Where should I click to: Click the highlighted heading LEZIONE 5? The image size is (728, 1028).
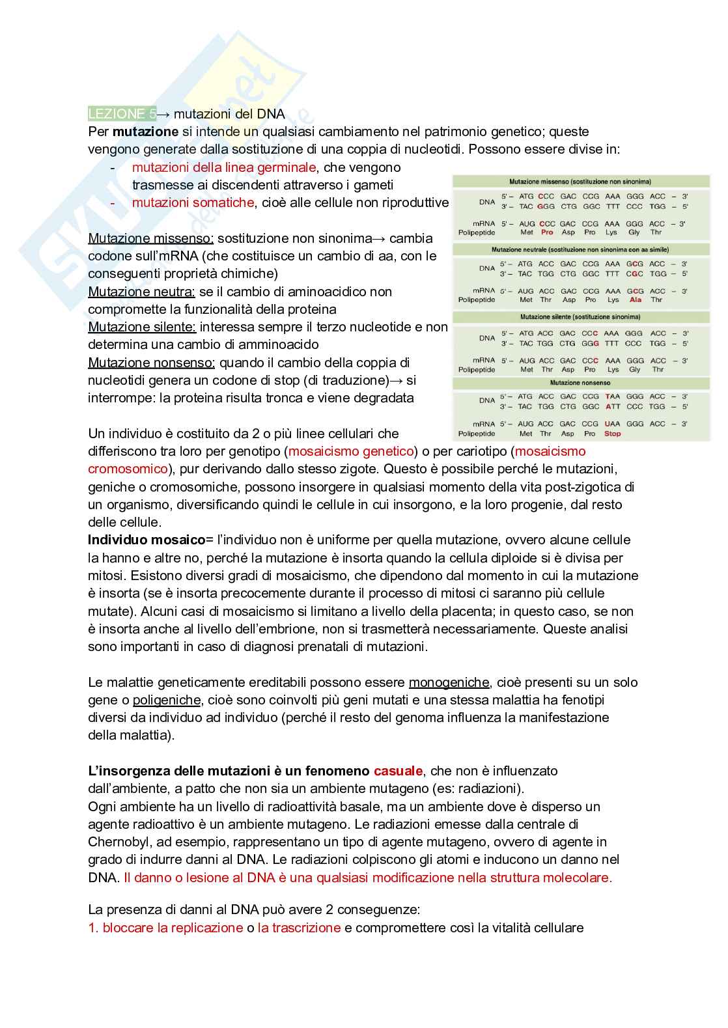click(x=122, y=114)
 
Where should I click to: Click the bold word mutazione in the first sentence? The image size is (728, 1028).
click(x=145, y=132)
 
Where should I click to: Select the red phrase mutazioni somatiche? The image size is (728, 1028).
click(x=193, y=202)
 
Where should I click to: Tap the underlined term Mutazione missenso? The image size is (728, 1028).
click(x=150, y=238)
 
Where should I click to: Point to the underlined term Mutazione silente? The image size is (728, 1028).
click(x=142, y=327)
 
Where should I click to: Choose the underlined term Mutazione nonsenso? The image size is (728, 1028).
click(x=151, y=363)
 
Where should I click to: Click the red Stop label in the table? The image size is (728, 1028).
click(x=612, y=434)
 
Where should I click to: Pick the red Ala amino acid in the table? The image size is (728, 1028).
click(x=635, y=300)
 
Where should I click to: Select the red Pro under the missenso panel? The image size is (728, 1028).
click(x=547, y=232)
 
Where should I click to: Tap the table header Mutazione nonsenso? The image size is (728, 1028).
click(x=580, y=383)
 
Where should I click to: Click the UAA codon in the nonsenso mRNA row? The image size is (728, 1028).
click(x=612, y=424)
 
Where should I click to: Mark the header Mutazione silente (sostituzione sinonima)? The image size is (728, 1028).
click(x=580, y=317)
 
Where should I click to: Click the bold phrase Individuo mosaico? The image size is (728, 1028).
click(x=147, y=540)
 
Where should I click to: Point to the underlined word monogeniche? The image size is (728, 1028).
click(x=449, y=682)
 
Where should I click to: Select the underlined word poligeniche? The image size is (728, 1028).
click(x=167, y=700)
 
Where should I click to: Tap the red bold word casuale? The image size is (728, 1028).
click(x=398, y=771)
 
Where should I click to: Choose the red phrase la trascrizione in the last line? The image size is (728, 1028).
click(x=299, y=928)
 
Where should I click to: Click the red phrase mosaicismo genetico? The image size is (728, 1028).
click(x=351, y=451)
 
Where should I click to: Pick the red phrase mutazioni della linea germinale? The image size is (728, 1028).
click(x=224, y=167)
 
